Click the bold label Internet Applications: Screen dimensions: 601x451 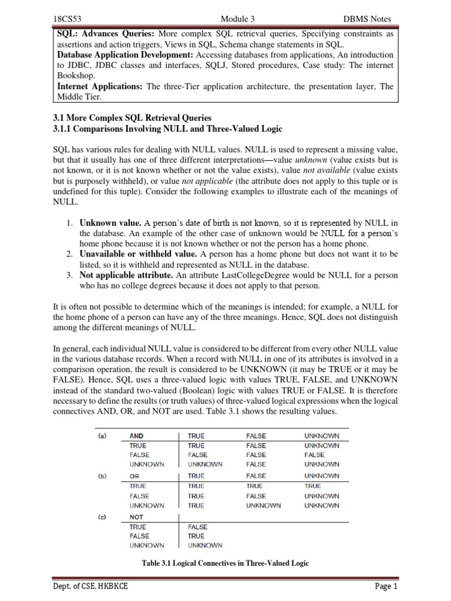[x=100, y=86]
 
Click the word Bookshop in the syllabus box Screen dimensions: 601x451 [x=76, y=76]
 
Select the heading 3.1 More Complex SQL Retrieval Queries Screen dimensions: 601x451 [x=132, y=118]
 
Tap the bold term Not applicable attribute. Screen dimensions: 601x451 [x=126, y=275]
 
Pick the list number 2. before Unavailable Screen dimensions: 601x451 [x=69, y=254]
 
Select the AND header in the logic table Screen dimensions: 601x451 [x=137, y=436]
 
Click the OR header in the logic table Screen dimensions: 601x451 [x=134, y=476]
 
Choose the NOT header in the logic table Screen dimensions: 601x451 [x=136, y=517]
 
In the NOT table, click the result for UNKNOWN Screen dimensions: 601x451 [x=205, y=545]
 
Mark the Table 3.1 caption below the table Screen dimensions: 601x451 [x=225, y=563]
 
